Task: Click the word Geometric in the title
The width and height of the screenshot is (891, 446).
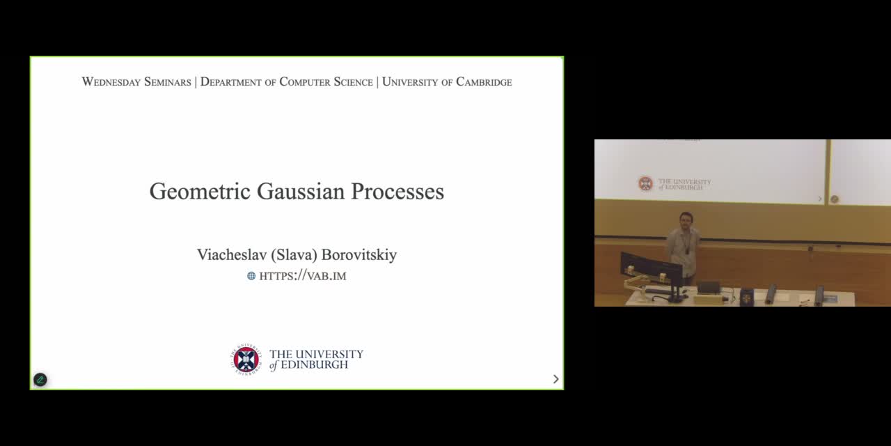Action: pyautogui.click(x=200, y=192)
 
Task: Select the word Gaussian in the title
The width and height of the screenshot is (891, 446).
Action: pyautogui.click(x=301, y=191)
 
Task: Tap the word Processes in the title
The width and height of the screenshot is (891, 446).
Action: pyautogui.click(x=397, y=191)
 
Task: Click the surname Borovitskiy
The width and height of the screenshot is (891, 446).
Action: pyautogui.click(x=358, y=255)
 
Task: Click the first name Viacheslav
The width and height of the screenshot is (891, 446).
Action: pyautogui.click(x=232, y=255)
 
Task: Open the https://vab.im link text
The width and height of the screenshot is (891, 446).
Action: pyautogui.click(x=303, y=276)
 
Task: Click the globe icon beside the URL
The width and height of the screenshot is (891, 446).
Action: pyautogui.click(x=251, y=275)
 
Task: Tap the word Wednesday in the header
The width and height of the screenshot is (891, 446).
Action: pyautogui.click(x=111, y=82)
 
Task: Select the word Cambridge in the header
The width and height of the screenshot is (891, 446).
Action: pyautogui.click(x=484, y=82)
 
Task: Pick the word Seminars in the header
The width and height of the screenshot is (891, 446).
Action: pyautogui.click(x=168, y=82)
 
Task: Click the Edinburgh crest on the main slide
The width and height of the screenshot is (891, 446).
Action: pyautogui.click(x=246, y=359)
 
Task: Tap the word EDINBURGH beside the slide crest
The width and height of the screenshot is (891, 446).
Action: pyautogui.click(x=314, y=364)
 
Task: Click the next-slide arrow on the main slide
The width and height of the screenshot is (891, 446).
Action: pyautogui.click(x=556, y=379)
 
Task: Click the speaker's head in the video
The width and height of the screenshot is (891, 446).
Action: pyautogui.click(x=686, y=219)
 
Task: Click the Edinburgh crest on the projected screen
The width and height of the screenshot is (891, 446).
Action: pyautogui.click(x=645, y=183)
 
